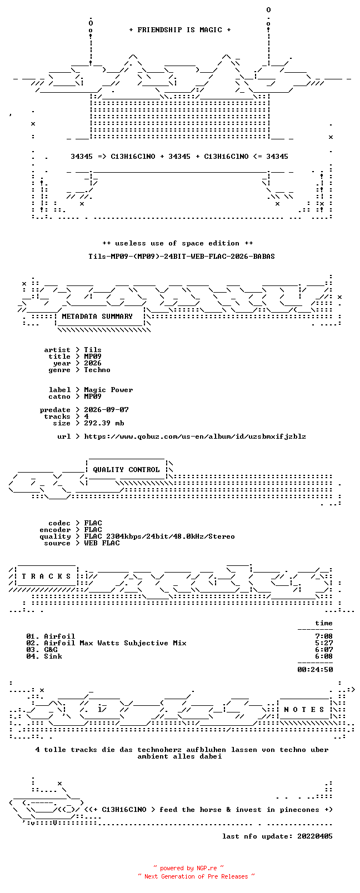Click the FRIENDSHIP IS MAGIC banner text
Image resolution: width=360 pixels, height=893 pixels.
(x=180, y=30)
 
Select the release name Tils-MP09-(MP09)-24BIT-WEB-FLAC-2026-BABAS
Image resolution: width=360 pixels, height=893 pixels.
(x=182, y=257)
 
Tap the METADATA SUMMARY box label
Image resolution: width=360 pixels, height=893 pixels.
(x=97, y=317)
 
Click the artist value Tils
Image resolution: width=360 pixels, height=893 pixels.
(x=92, y=350)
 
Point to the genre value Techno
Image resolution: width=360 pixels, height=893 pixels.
(x=97, y=370)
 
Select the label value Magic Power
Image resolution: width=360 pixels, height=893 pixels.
(x=108, y=390)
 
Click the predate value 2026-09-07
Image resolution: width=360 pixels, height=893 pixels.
(x=106, y=410)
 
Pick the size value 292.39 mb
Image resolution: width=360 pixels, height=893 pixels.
(x=104, y=423)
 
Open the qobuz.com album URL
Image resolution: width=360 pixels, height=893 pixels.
(x=195, y=437)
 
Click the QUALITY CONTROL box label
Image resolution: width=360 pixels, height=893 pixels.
(x=126, y=470)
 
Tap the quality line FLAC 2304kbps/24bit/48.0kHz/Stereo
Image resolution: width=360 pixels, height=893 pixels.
(x=159, y=536)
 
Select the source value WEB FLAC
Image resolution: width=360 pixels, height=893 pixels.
(x=102, y=543)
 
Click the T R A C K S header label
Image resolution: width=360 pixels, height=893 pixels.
(x=46, y=576)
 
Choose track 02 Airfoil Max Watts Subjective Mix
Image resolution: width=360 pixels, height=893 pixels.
(x=107, y=643)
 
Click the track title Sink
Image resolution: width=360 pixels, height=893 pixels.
(x=53, y=656)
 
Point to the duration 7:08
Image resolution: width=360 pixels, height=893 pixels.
(x=324, y=636)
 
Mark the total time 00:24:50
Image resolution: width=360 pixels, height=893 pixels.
(x=315, y=670)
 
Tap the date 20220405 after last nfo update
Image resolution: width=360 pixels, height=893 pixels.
(x=315, y=836)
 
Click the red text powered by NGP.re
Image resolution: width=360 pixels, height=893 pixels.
(x=188, y=868)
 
